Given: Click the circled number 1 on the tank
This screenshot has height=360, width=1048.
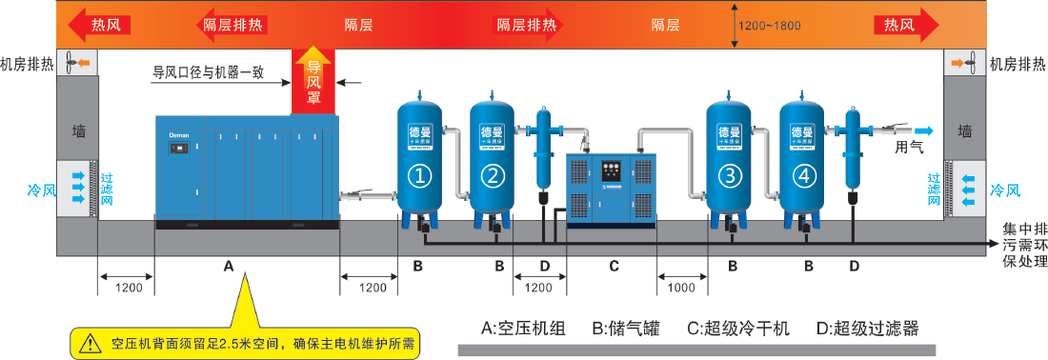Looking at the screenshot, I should [420, 174].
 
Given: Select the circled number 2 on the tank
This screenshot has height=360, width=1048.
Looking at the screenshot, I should [492, 174].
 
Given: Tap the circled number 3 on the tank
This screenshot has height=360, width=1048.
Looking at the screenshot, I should [730, 174].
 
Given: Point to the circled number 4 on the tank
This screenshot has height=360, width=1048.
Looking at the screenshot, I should [804, 174].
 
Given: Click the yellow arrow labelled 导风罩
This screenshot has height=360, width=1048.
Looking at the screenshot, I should [312, 80].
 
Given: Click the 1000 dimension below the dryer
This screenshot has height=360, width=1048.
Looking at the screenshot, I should [682, 285].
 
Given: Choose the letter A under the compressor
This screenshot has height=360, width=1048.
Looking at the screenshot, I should [228, 267].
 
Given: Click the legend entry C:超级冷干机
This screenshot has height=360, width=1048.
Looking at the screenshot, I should [738, 329].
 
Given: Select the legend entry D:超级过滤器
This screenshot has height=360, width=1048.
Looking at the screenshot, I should [867, 329].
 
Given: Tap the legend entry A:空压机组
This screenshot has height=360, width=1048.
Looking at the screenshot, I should [523, 329].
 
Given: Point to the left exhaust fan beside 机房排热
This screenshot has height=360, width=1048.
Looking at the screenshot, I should [72, 64].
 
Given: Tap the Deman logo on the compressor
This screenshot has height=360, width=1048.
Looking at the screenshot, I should [179, 135].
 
